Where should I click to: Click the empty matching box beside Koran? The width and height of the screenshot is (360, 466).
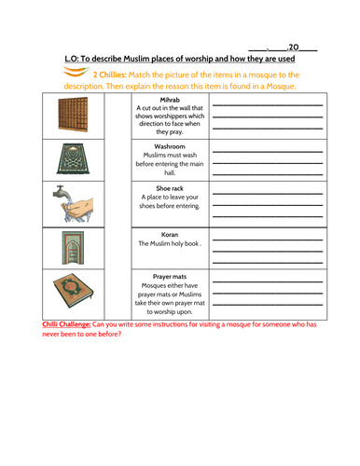pyautogui.click(x=118, y=246)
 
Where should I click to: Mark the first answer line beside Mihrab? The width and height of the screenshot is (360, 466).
pyautogui.click(x=268, y=104)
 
